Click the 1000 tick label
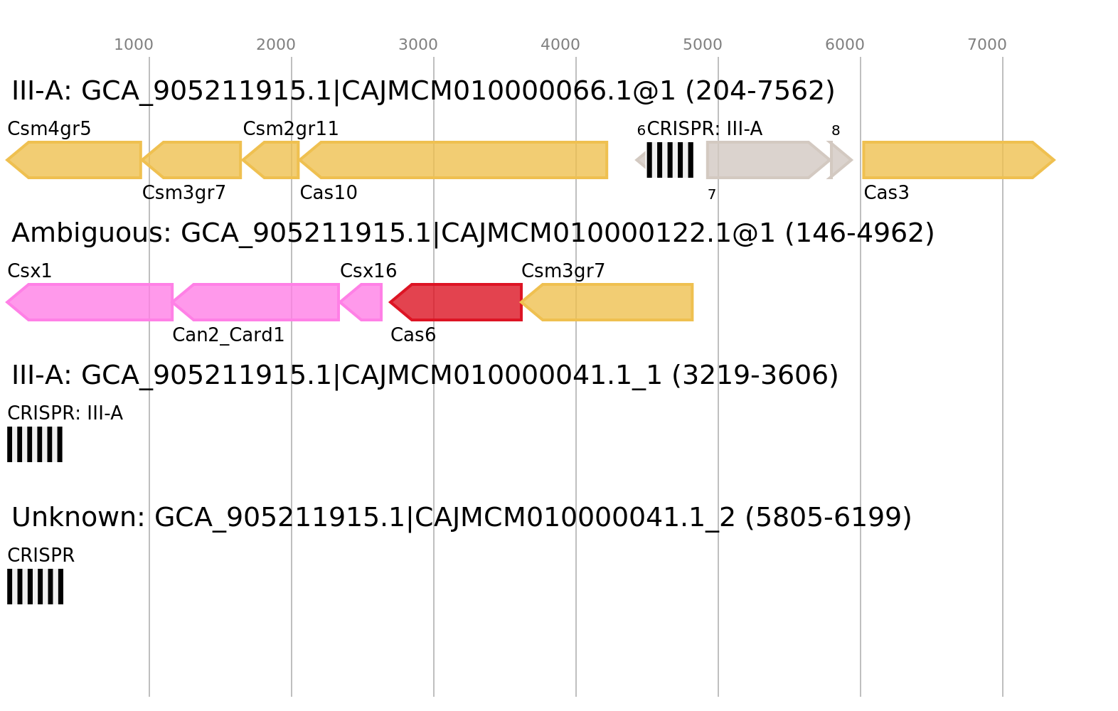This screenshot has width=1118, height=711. pos(134,45)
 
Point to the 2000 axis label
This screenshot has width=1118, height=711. pos(276,45)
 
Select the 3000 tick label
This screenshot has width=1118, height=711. pos(418,45)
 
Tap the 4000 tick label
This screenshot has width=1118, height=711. pos(560,45)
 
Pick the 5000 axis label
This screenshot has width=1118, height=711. pos(703,45)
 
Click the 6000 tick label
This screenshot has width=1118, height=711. pos(845,45)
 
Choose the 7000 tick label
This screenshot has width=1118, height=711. pos(987,45)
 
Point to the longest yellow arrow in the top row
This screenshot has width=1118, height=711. pos(455,160)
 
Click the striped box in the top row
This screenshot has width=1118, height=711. pos(670,160)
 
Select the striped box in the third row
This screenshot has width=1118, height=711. pos(35,444)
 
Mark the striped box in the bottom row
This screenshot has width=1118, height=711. pos(35,587)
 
